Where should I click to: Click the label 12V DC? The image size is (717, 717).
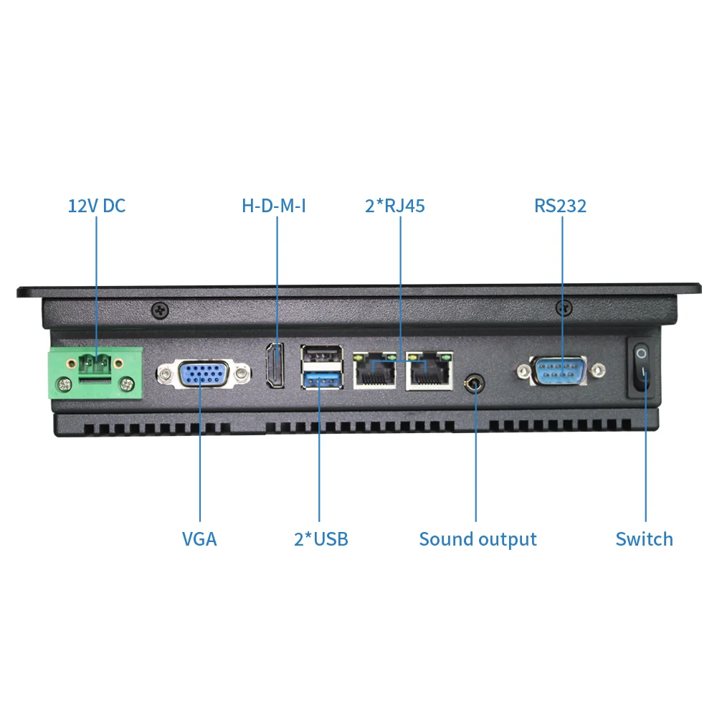[x=96, y=206]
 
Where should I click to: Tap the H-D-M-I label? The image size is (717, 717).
[x=274, y=206]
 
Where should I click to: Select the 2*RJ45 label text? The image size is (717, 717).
[x=394, y=206]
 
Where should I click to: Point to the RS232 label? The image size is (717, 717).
[x=560, y=206]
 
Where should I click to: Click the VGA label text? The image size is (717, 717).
[x=199, y=539]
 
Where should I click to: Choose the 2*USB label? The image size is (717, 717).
[x=320, y=539]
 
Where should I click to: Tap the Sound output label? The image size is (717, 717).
[x=478, y=539]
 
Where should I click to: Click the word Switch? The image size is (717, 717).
[x=644, y=539]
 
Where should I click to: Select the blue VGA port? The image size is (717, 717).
[x=204, y=374]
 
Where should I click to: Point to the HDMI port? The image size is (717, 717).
[x=275, y=366]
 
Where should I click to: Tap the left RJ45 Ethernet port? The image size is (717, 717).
[x=374, y=370]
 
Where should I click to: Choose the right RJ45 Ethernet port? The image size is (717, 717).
[x=429, y=370]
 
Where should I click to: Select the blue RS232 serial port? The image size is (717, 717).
[x=559, y=371]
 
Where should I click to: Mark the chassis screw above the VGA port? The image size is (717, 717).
[x=159, y=310]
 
